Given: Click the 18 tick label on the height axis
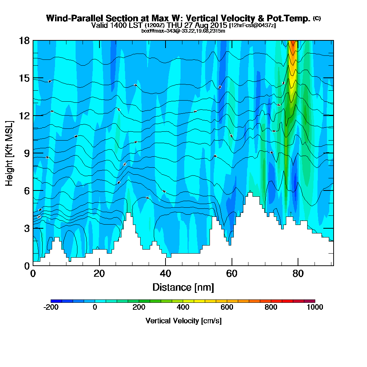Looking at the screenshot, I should point(24,41).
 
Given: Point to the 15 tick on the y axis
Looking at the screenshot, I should point(24,78).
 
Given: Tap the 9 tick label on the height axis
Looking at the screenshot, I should point(26,153).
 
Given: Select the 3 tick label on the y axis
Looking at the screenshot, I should point(26,228).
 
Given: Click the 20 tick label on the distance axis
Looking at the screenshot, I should point(99,273).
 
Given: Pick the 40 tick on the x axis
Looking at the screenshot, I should point(166,273).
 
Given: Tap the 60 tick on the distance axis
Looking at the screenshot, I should point(232,273).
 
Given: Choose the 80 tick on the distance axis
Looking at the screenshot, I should point(298,273).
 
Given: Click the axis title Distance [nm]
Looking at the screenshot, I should point(183,287).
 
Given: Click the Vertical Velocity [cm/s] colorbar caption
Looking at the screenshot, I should point(183,321).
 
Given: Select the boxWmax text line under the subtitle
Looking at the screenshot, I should point(183,31).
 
